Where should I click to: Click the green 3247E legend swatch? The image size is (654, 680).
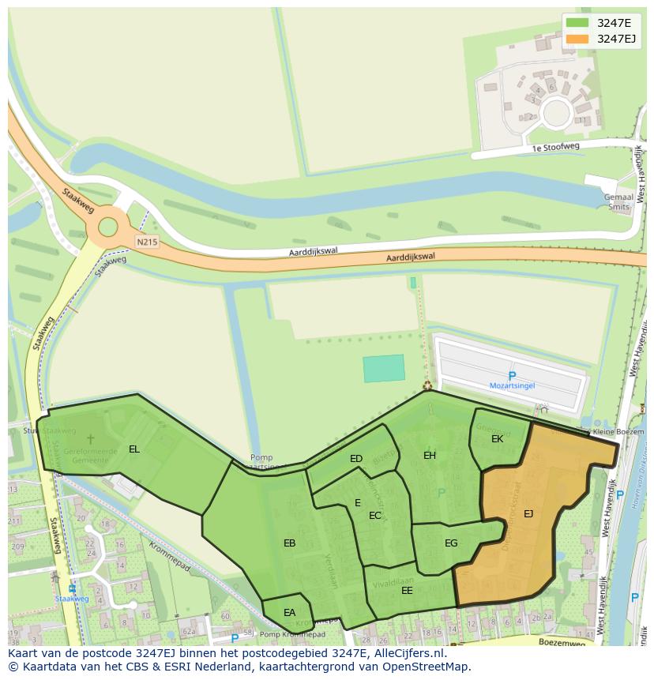(x=577, y=22)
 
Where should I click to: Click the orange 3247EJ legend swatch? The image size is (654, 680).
(x=577, y=39)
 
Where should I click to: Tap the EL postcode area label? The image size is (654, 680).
(x=134, y=449)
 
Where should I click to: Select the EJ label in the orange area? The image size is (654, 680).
(x=528, y=514)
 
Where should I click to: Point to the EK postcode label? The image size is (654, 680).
(x=497, y=438)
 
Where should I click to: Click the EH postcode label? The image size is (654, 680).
(x=430, y=455)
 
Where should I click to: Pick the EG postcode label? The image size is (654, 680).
(x=451, y=543)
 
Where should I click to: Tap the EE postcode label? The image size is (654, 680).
(x=407, y=590)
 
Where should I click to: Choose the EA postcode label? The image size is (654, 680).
(x=289, y=612)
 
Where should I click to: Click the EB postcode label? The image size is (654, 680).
(x=289, y=543)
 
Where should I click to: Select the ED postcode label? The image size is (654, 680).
(x=356, y=459)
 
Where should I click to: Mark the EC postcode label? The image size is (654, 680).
(x=375, y=516)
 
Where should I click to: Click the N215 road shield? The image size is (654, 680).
(x=145, y=242)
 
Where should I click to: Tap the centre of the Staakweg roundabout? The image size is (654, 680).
(x=107, y=229)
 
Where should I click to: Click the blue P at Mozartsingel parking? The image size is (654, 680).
(x=512, y=376)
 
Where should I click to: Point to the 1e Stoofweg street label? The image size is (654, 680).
(x=555, y=147)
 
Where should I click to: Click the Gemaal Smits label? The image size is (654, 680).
(x=619, y=202)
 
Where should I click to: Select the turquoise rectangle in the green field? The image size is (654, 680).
(x=384, y=369)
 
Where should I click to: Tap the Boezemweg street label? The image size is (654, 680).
(x=562, y=643)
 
